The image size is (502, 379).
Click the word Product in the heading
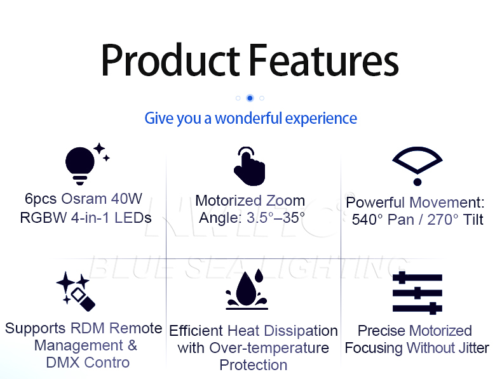tap(171, 60)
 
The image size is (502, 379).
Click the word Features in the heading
tap(323, 60)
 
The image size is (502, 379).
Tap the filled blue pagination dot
tap(250, 98)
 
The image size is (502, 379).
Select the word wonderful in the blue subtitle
tap(248, 118)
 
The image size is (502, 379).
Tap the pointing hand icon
tap(249, 166)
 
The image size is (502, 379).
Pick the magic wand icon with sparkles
tap(76, 291)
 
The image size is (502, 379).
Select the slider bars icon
tap(417, 293)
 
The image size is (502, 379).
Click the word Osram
tap(84, 199)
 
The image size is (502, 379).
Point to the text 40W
tap(127, 199)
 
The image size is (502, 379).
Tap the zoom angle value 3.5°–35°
tap(276, 218)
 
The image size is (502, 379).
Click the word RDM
tap(88, 328)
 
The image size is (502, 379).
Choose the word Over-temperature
tap(269, 348)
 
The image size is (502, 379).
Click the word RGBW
tap(43, 218)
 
